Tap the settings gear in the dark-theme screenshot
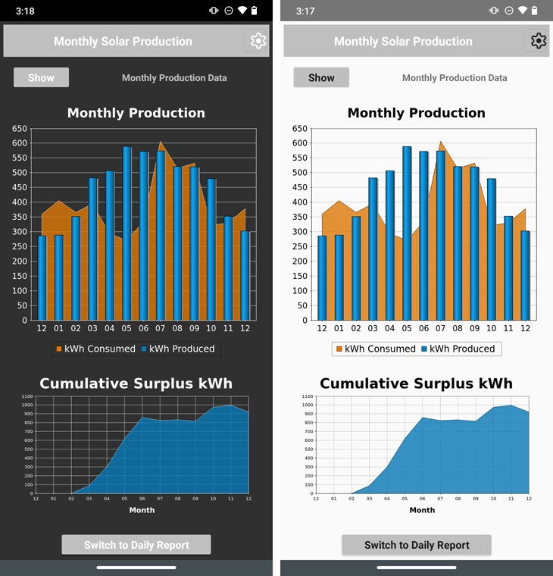tap(258, 41)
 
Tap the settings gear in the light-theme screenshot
tap(539, 41)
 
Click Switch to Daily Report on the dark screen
tap(136, 545)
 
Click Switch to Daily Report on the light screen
tap(417, 545)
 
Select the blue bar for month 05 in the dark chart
tap(127, 235)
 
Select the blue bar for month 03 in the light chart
tap(373, 250)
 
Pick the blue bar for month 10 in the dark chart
tap(211, 250)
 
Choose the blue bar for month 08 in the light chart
tap(458, 243)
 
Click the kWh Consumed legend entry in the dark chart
tap(95, 349)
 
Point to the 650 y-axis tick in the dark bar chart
tap(20, 129)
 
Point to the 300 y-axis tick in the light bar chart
tap(300, 232)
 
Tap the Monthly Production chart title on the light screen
tap(416, 113)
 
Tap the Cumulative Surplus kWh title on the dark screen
tap(136, 383)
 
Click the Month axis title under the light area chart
tap(422, 510)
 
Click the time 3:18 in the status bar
tap(25, 11)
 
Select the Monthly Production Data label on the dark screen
tap(174, 78)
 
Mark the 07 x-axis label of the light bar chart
tap(441, 328)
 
